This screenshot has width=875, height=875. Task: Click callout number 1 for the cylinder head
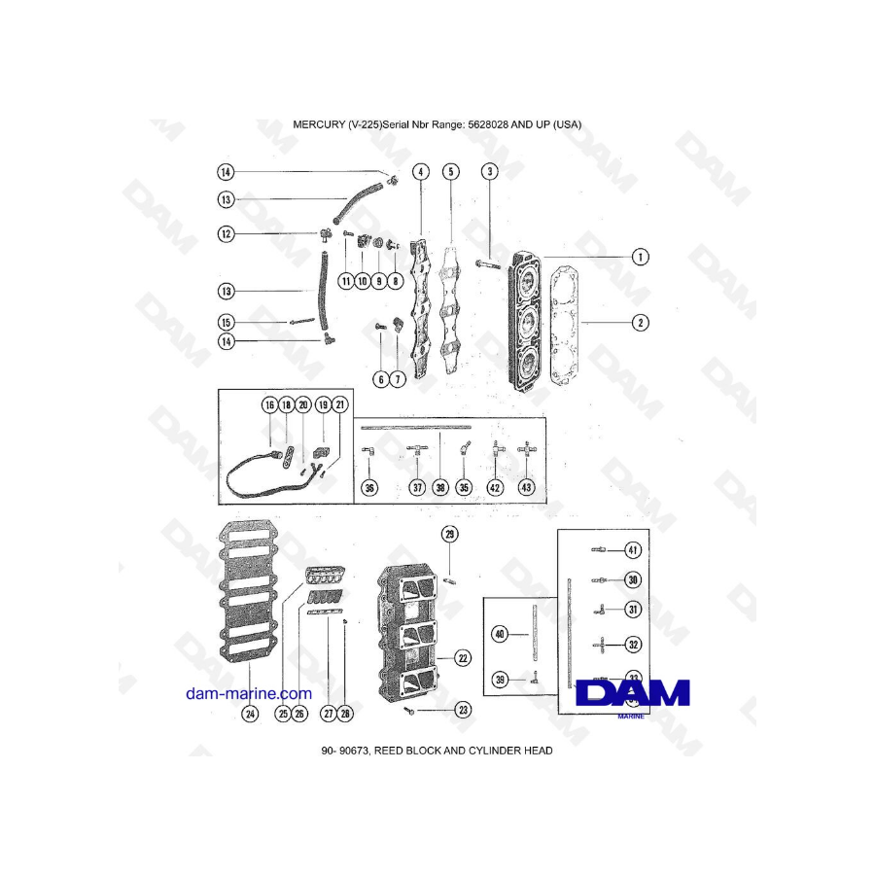click(x=640, y=258)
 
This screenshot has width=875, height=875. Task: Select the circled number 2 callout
click(x=640, y=323)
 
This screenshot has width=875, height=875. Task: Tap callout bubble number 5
click(x=451, y=172)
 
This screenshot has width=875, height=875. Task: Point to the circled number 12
click(x=226, y=233)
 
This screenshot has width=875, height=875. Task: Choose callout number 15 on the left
click(x=226, y=322)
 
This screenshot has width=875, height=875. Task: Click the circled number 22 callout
click(x=463, y=658)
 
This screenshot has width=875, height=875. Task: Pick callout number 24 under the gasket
click(x=250, y=714)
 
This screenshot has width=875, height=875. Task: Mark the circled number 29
click(x=450, y=535)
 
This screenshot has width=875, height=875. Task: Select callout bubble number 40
click(x=500, y=634)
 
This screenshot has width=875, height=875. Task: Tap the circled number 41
click(x=633, y=550)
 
